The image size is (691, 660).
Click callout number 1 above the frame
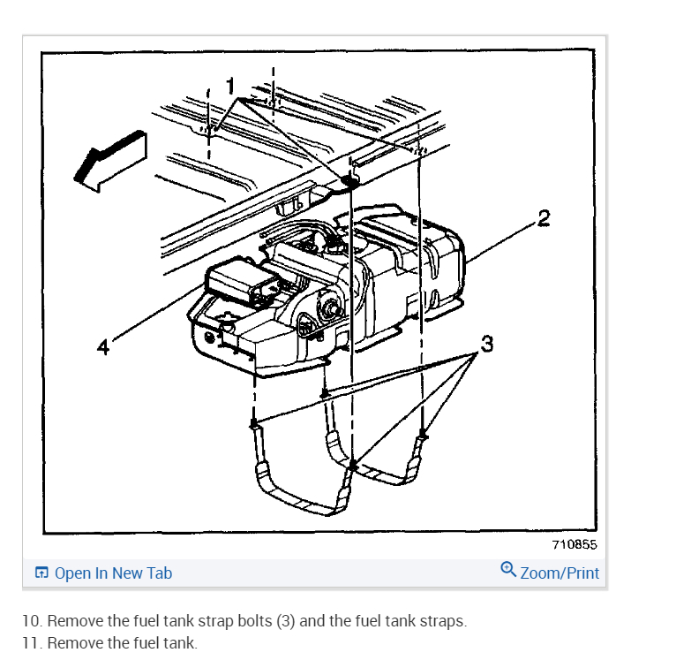coord(231,86)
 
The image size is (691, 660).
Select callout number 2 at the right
coord(544,217)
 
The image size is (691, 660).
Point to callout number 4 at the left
coord(103,347)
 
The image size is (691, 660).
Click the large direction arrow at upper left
coord(109,158)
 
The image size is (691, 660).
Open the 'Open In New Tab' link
coord(113,573)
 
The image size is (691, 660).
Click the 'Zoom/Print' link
coord(560,573)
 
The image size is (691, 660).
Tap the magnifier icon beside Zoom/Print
coord(508,570)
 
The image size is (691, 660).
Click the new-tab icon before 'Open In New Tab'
coord(41,573)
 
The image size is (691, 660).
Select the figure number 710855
coord(575,545)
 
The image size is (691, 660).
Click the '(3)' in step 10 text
coord(285,620)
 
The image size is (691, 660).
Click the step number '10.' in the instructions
coord(33,620)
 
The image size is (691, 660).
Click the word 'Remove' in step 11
coord(74,642)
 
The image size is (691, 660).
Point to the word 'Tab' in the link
coord(159,573)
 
